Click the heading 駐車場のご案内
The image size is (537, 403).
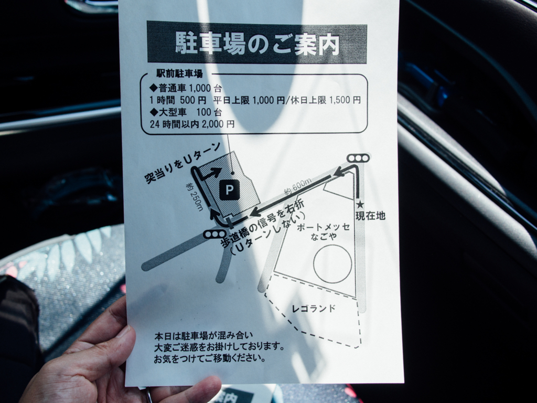tap(257, 44)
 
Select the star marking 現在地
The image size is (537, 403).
tap(360, 205)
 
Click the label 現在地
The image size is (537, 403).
tap(371, 216)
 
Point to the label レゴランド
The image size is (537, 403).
tap(314, 309)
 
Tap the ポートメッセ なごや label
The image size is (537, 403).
tap(323, 231)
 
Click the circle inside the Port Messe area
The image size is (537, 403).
tap(332, 264)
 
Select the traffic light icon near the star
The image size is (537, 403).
tap(358, 158)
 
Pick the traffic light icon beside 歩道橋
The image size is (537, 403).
tap(214, 235)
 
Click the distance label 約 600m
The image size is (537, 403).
tap(298, 187)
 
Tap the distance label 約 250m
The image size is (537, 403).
tap(195, 197)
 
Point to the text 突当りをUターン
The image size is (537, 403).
tap(182, 163)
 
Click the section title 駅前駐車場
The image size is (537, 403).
tap(179, 73)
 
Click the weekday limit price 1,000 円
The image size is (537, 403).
tap(268, 100)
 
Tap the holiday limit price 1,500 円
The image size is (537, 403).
tap(345, 100)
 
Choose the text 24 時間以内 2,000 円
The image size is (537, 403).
tap(192, 124)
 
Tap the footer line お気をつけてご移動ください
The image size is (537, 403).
tap(210, 359)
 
